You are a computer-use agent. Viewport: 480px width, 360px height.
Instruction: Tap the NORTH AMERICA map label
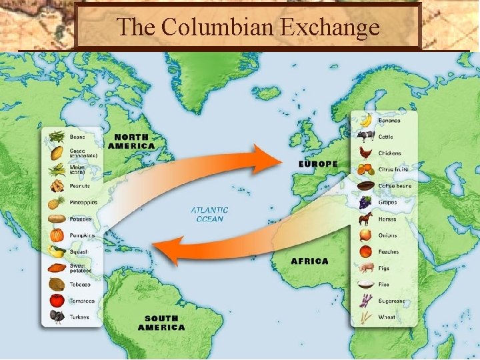point(131,141)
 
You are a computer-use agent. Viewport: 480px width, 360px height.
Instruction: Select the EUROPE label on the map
point(318,164)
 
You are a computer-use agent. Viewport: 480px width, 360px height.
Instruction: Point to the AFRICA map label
point(309,261)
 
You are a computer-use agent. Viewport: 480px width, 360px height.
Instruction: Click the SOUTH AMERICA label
point(161,323)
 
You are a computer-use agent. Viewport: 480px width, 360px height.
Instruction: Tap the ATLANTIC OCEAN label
point(210,215)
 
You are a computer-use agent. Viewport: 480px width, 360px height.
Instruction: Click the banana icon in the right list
point(365,120)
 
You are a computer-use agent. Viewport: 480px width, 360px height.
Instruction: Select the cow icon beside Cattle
point(365,137)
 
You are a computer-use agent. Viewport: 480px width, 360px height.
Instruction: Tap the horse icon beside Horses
point(365,219)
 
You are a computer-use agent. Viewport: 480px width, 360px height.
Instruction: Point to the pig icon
point(365,268)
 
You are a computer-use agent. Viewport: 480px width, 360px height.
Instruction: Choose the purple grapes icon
point(365,202)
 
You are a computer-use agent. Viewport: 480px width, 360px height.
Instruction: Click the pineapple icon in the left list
point(57,202)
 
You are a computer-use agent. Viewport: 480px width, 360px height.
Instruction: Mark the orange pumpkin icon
point(57,235)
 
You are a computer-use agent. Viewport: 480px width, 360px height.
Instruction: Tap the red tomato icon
point(57,301)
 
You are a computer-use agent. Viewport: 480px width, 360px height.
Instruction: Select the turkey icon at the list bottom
point(57,317)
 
